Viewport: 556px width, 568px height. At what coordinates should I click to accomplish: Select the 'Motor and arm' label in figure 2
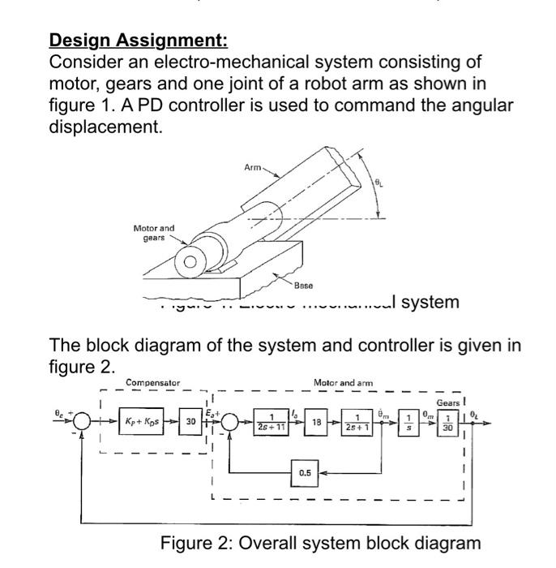[341, 382]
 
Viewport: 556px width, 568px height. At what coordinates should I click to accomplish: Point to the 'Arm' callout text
[254, 167]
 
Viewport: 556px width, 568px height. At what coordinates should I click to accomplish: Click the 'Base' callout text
[304, 286]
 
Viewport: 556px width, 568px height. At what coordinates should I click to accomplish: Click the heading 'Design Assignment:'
[139, 39]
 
